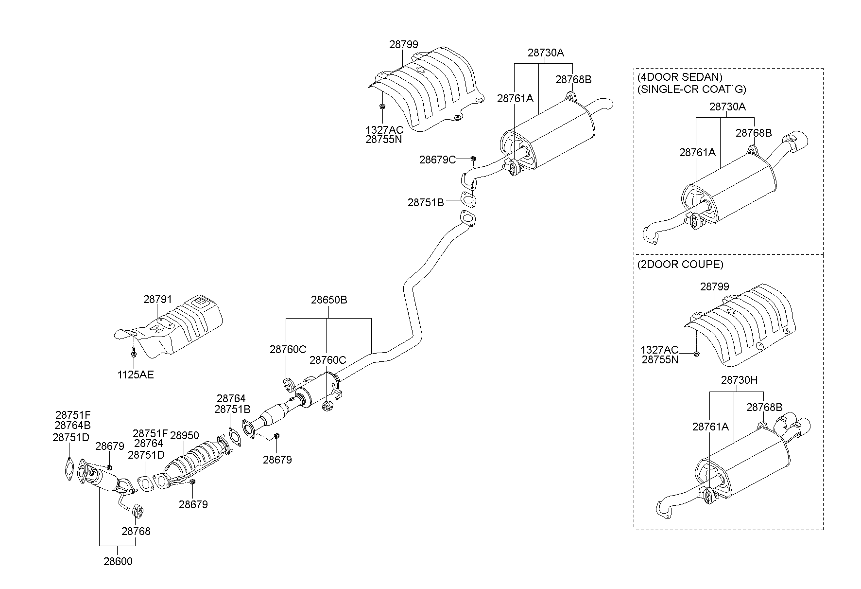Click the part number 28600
tap(118, 561)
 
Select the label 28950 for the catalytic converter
tap(184, 436)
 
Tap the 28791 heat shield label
tap(157, 300)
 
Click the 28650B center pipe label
tap(329, 300)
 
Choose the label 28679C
tap(437, 160)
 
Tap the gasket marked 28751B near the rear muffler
tap(467, 200)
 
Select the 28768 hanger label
tap(136, 531)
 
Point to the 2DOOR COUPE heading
tap(680, 265)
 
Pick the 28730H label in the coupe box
tap(739, 380)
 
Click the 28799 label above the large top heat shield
tap(403, 45)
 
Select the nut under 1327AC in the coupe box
tap(696, 353)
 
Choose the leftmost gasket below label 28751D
tap(69, 468)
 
